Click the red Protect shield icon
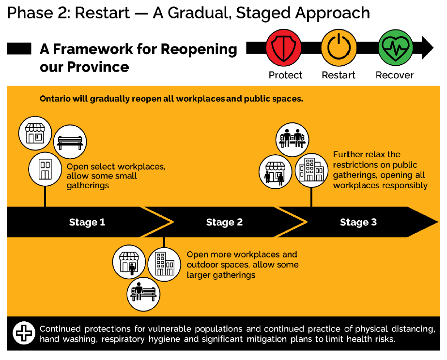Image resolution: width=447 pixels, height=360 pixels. click(283, 48)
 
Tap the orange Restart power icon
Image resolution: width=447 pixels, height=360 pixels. click(339, 48)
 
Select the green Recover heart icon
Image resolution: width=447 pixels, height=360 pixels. click(394, 48)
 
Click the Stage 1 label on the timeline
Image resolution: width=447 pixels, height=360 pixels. click(87, 222)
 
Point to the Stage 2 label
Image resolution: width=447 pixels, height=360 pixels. click(224, 222)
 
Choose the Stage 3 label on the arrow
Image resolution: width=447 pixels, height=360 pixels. click(358, 222)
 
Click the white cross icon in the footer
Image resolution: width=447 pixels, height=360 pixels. click(22, 333)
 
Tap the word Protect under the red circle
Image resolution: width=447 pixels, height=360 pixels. click(286, 75)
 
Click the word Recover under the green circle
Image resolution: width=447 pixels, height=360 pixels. click(395, 75)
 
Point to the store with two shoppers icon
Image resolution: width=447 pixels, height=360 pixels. click(275, 171)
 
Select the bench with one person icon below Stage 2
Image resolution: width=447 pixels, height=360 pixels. click(144, 292)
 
